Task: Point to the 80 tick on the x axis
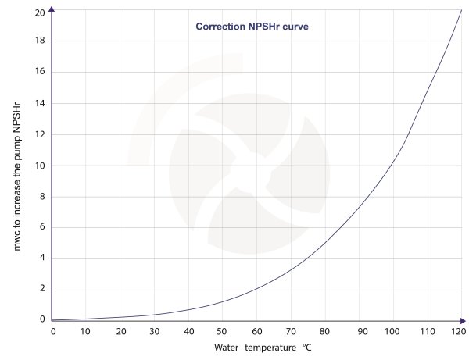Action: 325,331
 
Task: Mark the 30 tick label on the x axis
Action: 155,331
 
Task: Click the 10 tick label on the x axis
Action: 87,331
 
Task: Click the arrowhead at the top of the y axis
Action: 52,9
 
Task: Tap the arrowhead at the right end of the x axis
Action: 464,320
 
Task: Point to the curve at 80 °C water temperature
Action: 325,244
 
